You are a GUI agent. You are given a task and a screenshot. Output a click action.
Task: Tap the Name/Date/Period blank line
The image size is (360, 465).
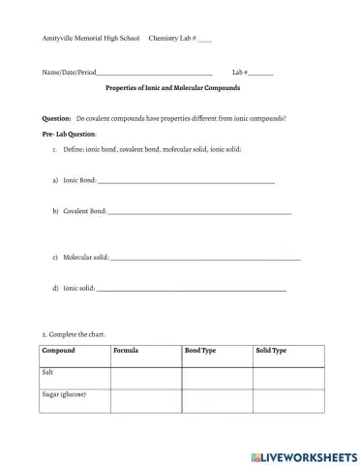point(155,74)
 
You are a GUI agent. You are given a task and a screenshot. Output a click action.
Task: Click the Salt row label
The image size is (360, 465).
point(48,372)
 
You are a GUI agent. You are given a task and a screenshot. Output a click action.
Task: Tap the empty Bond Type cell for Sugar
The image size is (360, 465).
point(217,401)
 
